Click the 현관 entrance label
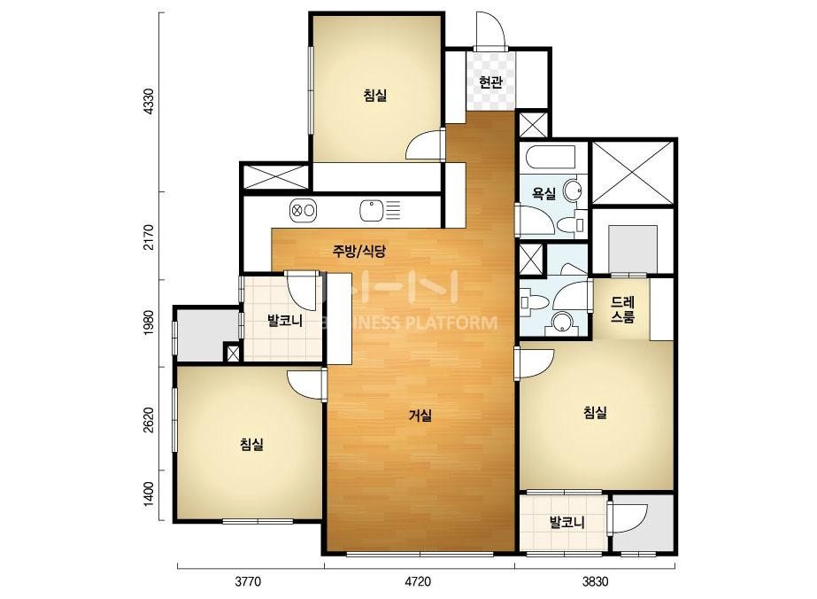[490, 82]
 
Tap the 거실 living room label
[420, 416]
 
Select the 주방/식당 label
[359, 252]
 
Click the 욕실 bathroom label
[543, 194]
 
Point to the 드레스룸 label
[622, 309]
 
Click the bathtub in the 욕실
[551, 158]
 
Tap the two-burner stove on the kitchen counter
[304, 210]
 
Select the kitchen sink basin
[372, 210]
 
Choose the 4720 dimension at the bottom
[418, 580]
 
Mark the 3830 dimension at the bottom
[595, 580]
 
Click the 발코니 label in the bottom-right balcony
[567, 522]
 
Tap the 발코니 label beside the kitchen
[285, 320]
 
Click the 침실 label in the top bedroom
[375, 95]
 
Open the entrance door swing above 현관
[489, 30]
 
